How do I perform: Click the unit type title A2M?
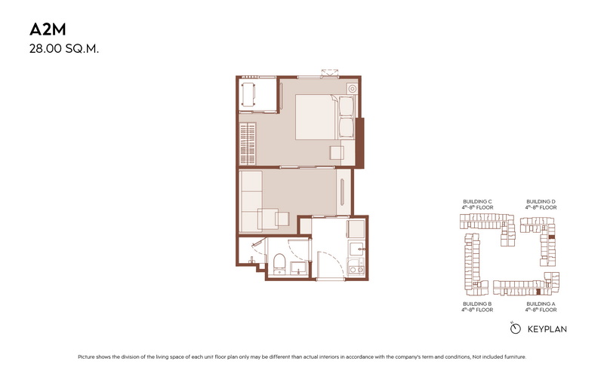[x=48, y=29]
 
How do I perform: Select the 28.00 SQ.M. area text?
[x=64, y=49]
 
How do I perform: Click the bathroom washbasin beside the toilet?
[x=298, y=268]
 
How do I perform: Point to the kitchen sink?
[x=356, y=249]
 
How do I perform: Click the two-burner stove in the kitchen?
[x=356, y=267]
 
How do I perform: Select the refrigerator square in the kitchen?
[x=356, y=228]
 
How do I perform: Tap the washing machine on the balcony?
[x=249, y=95]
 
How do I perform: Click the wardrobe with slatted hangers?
[x=248, y=144]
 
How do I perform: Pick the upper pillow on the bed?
[x=346, y=106]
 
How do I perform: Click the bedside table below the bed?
[x=337, y=153]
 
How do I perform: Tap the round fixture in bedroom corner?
[x=352, y=89]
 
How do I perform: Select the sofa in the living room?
[x=251, y=201]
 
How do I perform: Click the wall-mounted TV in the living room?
[x=342, y=191]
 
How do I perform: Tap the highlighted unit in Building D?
[x=552, y=237]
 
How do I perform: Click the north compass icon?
[x=515, y=328]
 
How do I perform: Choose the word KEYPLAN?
[x=547, y=329]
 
